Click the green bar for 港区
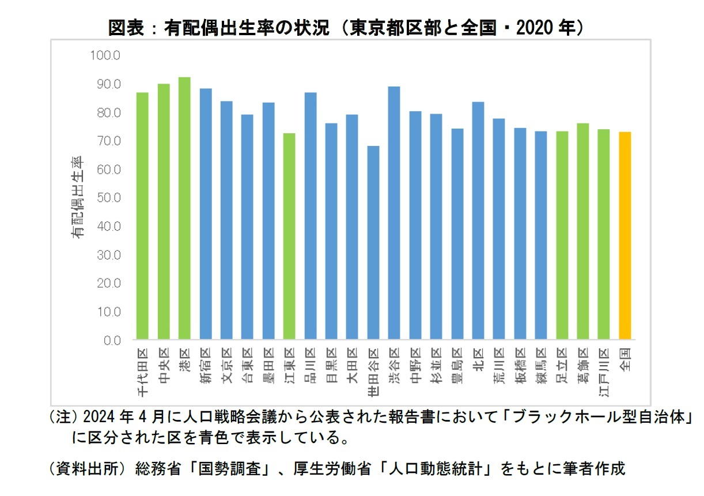pyautogui.click(x=184, y=208)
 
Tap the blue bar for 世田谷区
pyautogui.click(x=373, y=242)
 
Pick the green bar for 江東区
pyautogui.click(x=289, y=236)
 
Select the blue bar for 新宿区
pyautogui.click(x=206, y=213)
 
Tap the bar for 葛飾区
pyautogui.click(x=583, y=231)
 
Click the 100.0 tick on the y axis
pyautogui.click(x=104, y=56)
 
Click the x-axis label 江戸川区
pyautogui.click(x=604, y=372)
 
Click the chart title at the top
pyautogui.click(x=346, y=27)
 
